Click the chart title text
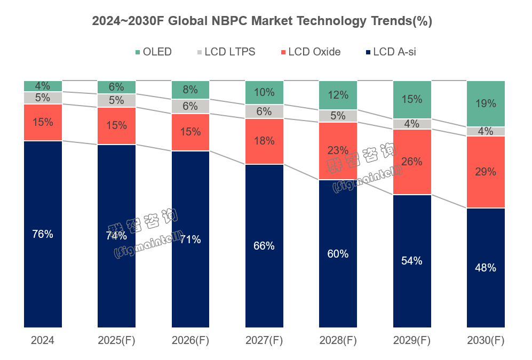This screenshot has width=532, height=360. click(x=262, y=21)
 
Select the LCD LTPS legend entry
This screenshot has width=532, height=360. click(x=226, y=52)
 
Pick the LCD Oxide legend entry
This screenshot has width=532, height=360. click(x=310, y=52)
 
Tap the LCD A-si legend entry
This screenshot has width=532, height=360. click(x=390, y=52)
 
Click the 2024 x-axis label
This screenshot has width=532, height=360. click(x=43, y=340)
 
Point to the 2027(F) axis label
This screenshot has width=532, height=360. click(x=264, y=340)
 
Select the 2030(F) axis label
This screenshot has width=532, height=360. click(x=486, y=340)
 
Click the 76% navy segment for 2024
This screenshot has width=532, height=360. click(x=43, y=234)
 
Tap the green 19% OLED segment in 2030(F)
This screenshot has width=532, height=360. click(x=486, y=104)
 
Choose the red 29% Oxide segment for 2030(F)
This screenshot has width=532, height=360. click(x=486, y=172)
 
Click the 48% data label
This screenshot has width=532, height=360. click(x=486, y=268)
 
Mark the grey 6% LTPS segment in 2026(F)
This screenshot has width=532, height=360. click(x=190, y=107)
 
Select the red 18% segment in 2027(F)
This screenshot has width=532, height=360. click(x=264, y=141)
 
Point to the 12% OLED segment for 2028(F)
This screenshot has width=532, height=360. click(x=338, y=95)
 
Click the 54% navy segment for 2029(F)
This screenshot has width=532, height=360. click(x=412, y=261)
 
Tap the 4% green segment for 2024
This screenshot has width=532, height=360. click(x=43, y=86)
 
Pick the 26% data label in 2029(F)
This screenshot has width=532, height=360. click(x=412, y=162)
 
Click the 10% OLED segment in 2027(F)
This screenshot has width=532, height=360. click(x=264, y=93)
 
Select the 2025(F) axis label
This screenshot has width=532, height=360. click(x=116, y=340)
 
